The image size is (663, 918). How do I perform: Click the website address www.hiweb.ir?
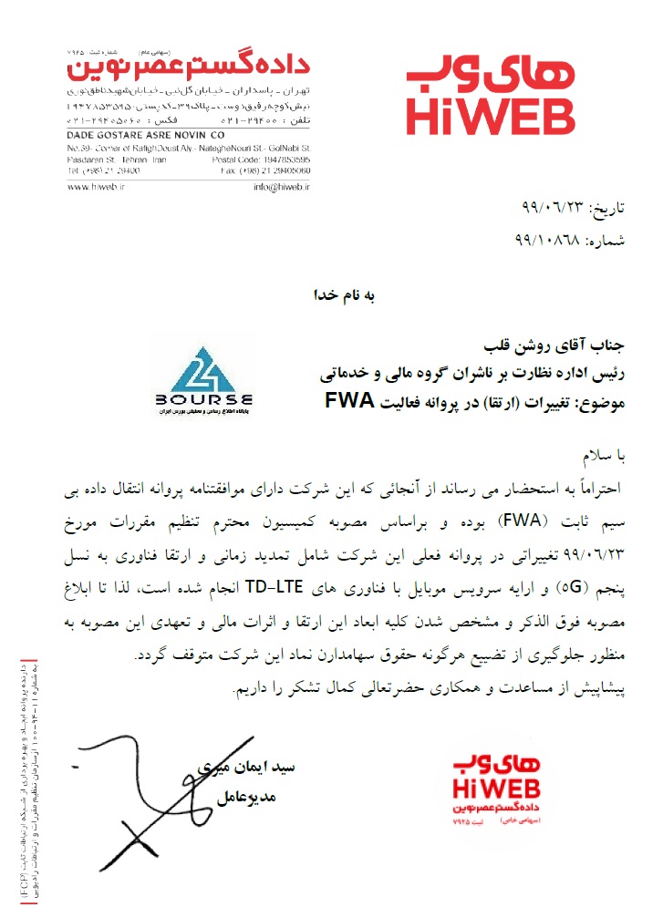[x=95, y=186]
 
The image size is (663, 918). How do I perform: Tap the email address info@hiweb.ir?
[x=283, y=186]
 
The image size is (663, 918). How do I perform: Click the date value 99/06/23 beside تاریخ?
[x=546, y=209]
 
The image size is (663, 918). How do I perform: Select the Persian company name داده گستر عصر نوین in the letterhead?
[x=192, y=67]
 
